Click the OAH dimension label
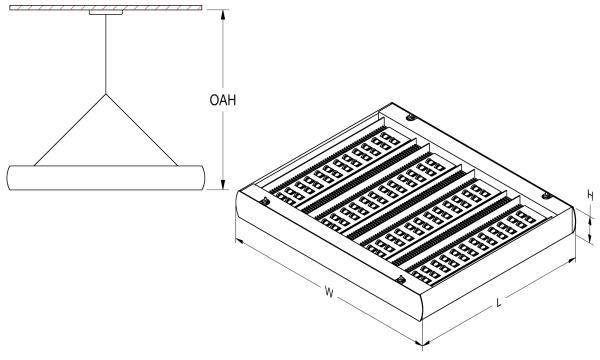tap(223, 100)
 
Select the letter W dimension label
tap(329, 292)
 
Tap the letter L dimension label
tap(499, 303)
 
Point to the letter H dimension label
tap(590, 196)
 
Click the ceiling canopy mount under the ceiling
tap(106, 12)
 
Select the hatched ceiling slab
tap(106, 8)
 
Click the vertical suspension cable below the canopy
tap(106, 54)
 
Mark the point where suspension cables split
tap(106, 94)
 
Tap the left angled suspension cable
tap(70, 130)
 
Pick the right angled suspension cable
tap(142, 130)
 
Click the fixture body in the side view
tap(106, 178)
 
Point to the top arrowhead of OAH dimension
tap(223, 14)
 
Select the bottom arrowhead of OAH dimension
tap(223, 184)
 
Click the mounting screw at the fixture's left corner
tap(264, 200)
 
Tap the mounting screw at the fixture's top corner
tap(411, 117)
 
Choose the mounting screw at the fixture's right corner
tap(547, 196)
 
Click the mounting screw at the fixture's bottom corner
tap(400, 280)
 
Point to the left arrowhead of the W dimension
tap(239, 241)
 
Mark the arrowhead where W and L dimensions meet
tap(422, 344)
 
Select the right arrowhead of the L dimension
tap(572, 261)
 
